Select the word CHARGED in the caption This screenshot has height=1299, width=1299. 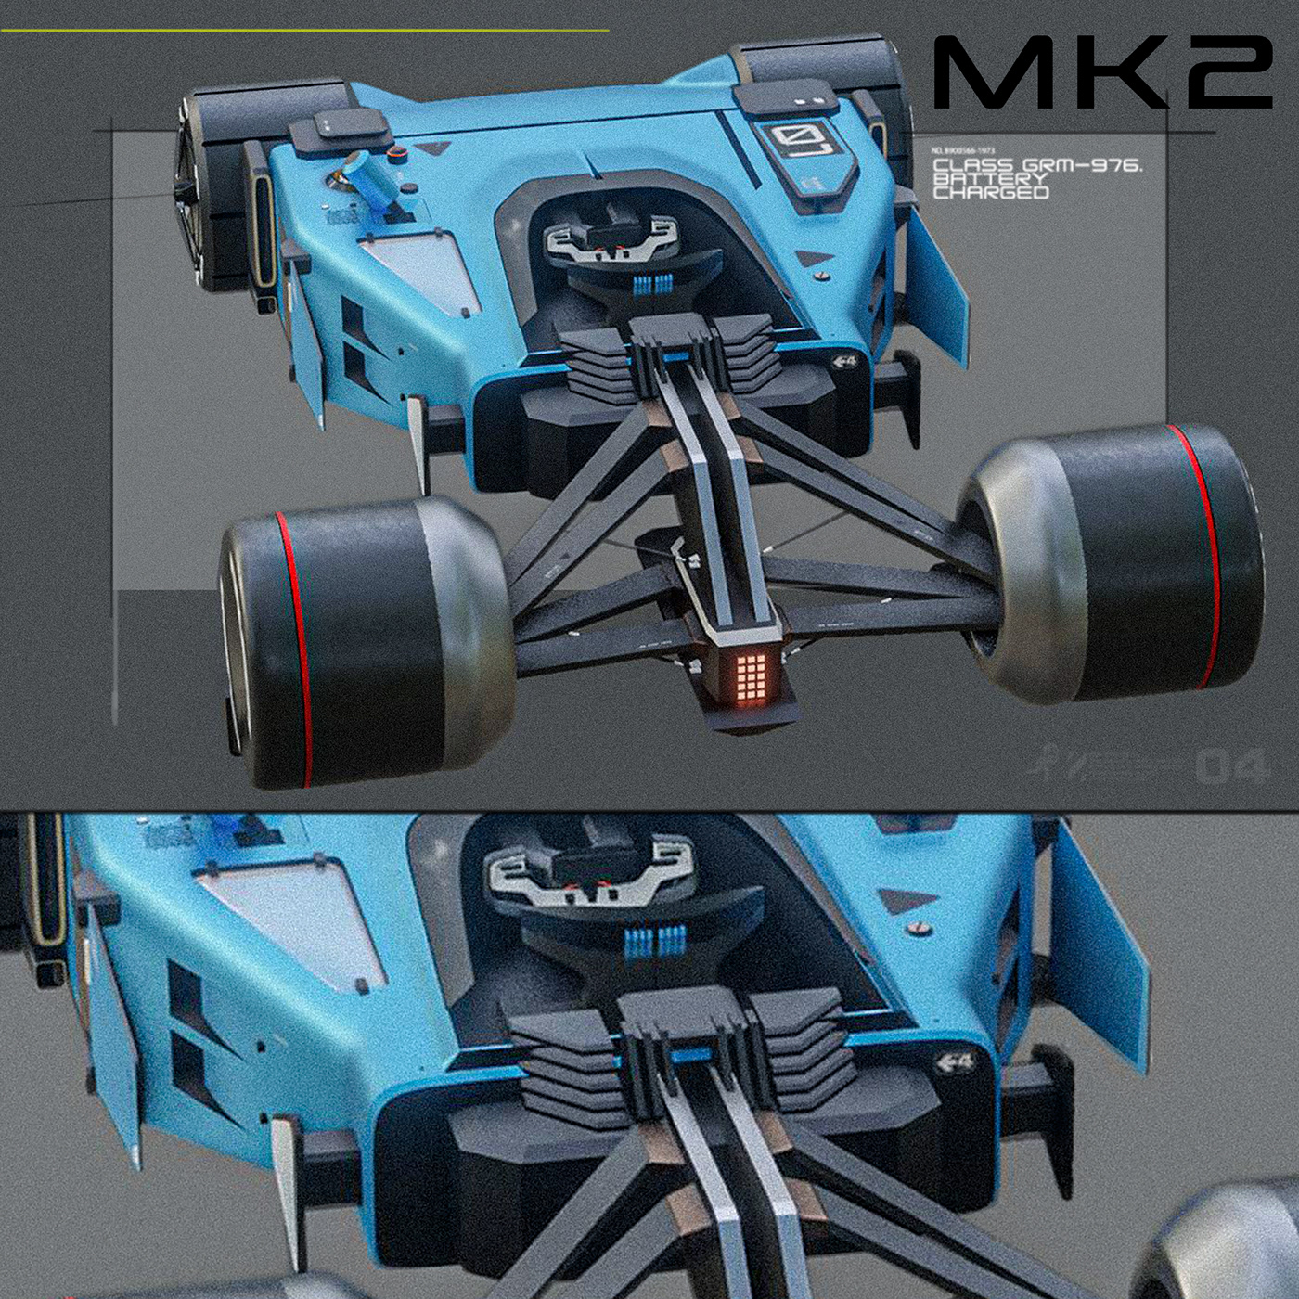990,193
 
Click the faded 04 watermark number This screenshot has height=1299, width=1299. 1231,766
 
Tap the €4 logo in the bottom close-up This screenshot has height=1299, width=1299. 955,1062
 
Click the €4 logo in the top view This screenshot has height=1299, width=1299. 843,362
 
